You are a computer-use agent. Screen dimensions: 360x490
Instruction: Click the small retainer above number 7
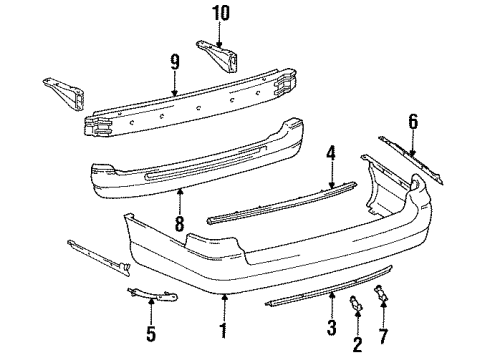(x=382, y=295)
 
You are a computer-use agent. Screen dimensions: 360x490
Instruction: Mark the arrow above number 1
(x=225, y=296)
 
